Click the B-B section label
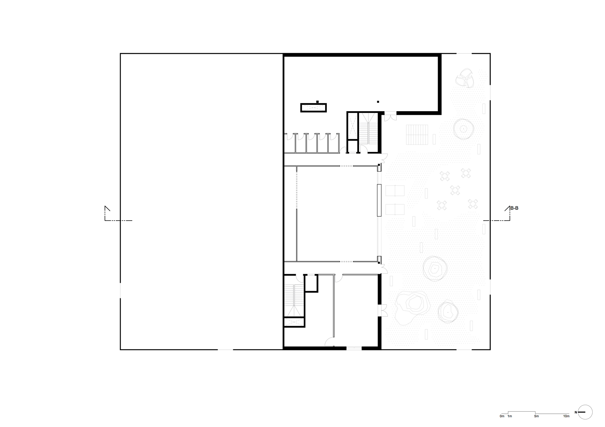(514, 208)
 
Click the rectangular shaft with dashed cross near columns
(313, 108)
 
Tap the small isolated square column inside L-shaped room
(378, 102)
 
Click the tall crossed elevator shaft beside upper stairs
(352, 126)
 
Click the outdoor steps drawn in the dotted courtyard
(417, 134)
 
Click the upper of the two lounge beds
(395, 191)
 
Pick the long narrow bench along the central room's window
(379, 200)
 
